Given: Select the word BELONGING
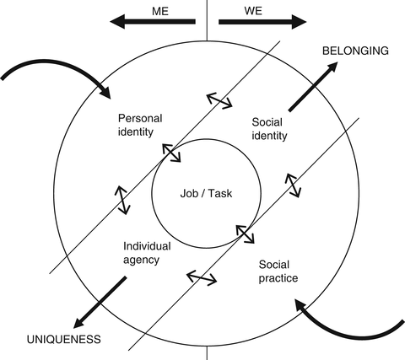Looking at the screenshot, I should [x=356, y=51].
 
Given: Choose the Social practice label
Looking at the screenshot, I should [x=279, y=271].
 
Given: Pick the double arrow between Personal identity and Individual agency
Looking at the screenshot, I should [x=121, y=197].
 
